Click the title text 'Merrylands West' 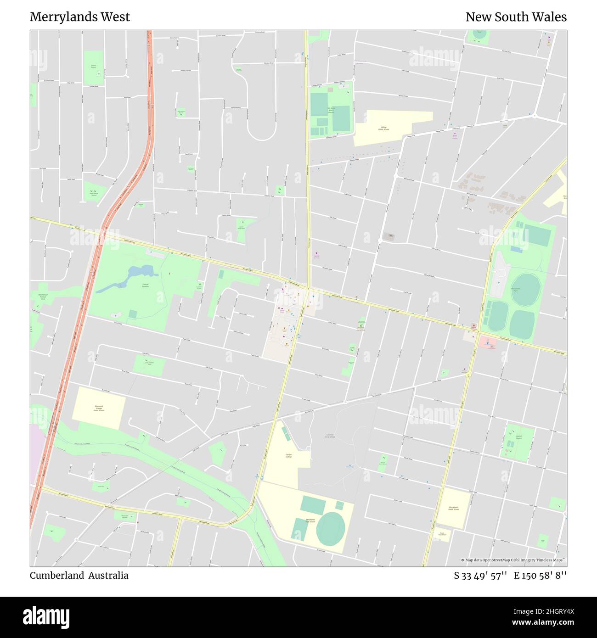click(x=80, y=17)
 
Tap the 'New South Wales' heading click(x=516, y=17)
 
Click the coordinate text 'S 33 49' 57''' click(x=480, y=576)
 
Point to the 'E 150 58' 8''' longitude click(x=540, y=576)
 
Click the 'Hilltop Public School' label click(x=383, y=128)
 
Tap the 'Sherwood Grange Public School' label click(x=99, y=408)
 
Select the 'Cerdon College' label click(x=288, y=456)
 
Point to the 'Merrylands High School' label click(x=310, y=520)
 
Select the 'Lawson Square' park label click(x=518, y=437)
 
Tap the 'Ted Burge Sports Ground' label click(x=331, y=110)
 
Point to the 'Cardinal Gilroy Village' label click(x=330, y=436)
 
